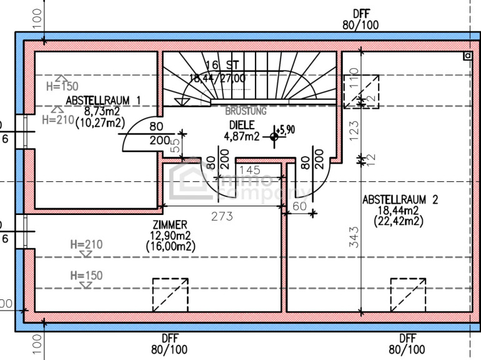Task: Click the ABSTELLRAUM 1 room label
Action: point(103,100)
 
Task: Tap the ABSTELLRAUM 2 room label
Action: point(400,200)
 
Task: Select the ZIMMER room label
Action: point(169,224)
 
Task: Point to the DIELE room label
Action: point(241,124)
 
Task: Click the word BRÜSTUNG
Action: point(245,111)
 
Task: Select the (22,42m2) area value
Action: point(399,221)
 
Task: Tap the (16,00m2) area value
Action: point(171,247)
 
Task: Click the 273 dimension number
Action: point(222,217)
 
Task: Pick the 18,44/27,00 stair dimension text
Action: point(218,78)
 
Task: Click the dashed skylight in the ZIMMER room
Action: point(171,295)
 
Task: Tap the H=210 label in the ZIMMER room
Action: point(86,244)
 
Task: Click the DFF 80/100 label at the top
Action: point(361,20)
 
